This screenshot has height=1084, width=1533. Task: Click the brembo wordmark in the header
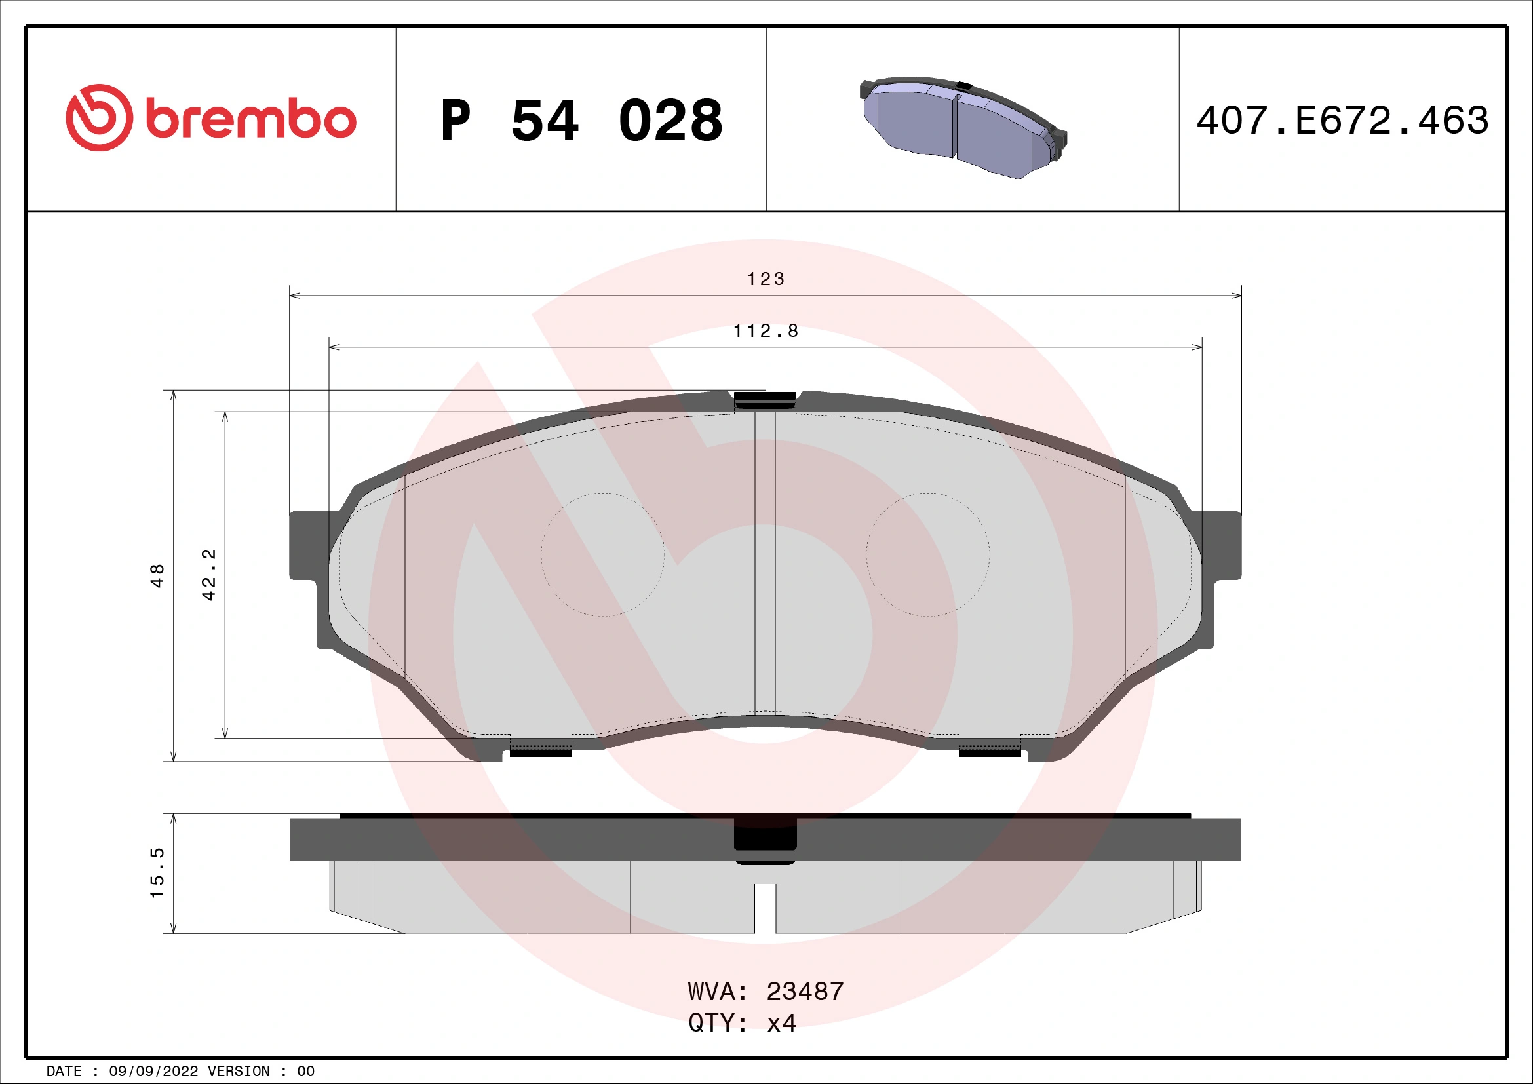point(250,120)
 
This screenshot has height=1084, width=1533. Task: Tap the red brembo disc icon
point(99,117)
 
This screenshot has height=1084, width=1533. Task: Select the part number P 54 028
point(581,121)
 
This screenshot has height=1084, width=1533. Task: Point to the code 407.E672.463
point(1342,121)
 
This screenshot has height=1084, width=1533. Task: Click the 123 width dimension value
point(765,279)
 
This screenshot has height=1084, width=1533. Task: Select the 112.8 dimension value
point(765,331)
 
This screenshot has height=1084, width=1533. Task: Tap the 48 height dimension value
point(157,575)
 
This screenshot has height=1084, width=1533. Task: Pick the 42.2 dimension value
point(209,575)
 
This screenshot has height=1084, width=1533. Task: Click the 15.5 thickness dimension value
point(157,873)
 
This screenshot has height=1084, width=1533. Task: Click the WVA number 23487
point(805,992)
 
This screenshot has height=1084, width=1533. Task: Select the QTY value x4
point(781,1023)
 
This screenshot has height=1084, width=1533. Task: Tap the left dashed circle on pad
point(602,554)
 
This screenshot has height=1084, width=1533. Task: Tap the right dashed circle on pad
point(927,554)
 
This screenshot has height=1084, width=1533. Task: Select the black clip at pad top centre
point(765,399)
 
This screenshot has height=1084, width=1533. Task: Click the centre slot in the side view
point(765,908)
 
